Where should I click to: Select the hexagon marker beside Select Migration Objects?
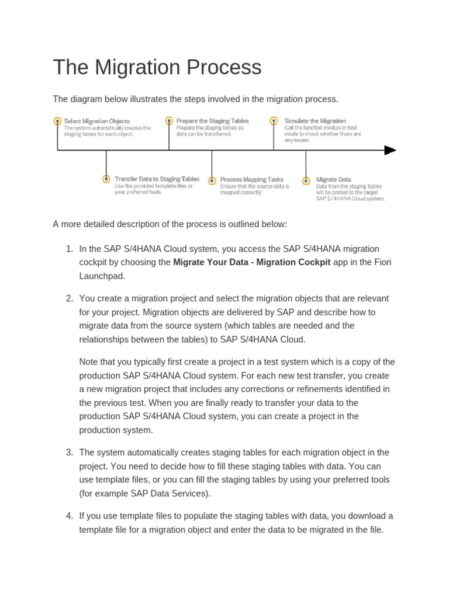click(x=57, y=121)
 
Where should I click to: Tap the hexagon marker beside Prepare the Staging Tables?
click(x=169, y=121)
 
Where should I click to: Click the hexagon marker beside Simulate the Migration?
click(x=274, y=121)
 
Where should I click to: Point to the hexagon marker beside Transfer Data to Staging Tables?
click(x=106, y=179)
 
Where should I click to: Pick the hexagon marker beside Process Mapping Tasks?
click(x=212, y=180)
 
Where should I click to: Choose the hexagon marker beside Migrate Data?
click(x=306, y=180)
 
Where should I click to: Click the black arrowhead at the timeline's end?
click(x=390, y=150)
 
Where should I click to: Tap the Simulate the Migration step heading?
click(x=315, y=121)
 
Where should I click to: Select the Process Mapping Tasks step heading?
click(x=251, y=179)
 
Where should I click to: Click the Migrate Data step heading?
click(x=333, y=179)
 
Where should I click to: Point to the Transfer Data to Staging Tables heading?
click(x=157, y=179)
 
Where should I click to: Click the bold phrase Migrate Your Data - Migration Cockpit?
click(x=252, y=262)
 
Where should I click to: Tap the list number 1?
click(x=68, y=249)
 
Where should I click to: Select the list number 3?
click(x=68, y=453)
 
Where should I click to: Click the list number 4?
click(x=68, y=516)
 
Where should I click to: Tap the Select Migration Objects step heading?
click(x=96, y=121)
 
